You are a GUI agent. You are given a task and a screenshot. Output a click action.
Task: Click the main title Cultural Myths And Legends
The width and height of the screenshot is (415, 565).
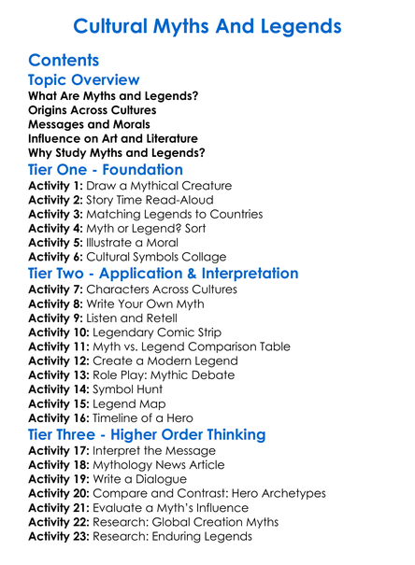click(x=207, y=25)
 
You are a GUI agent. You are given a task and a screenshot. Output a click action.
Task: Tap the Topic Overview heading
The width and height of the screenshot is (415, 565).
click(x=84, y=81)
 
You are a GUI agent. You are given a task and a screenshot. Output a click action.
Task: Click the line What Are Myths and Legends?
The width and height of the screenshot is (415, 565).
click(x=113, y=96)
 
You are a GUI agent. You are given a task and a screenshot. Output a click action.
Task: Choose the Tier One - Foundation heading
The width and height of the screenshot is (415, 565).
click(x=106, y=169)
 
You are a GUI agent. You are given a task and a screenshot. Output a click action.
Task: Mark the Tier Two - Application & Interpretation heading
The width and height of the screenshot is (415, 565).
click(x=164, y=274)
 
